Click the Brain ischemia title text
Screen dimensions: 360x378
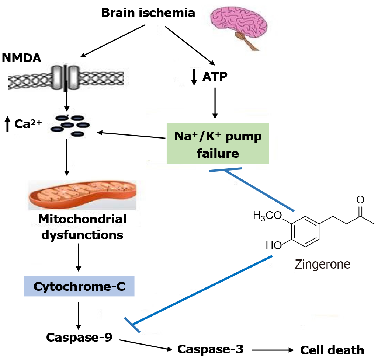pyautogui.click(x=148, y=13)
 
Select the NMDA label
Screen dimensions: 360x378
pyautogui.click(x=21, y=58)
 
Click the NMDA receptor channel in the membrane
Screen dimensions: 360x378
pyautogui.click(x=66, y=77)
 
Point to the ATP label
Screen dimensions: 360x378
pyautogui.click(x=215, y=77)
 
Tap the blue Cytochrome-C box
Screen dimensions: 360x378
pyautogui.click(x=79, y=286)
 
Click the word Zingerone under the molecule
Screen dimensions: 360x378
pyautogui.click(x=322, y=264)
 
